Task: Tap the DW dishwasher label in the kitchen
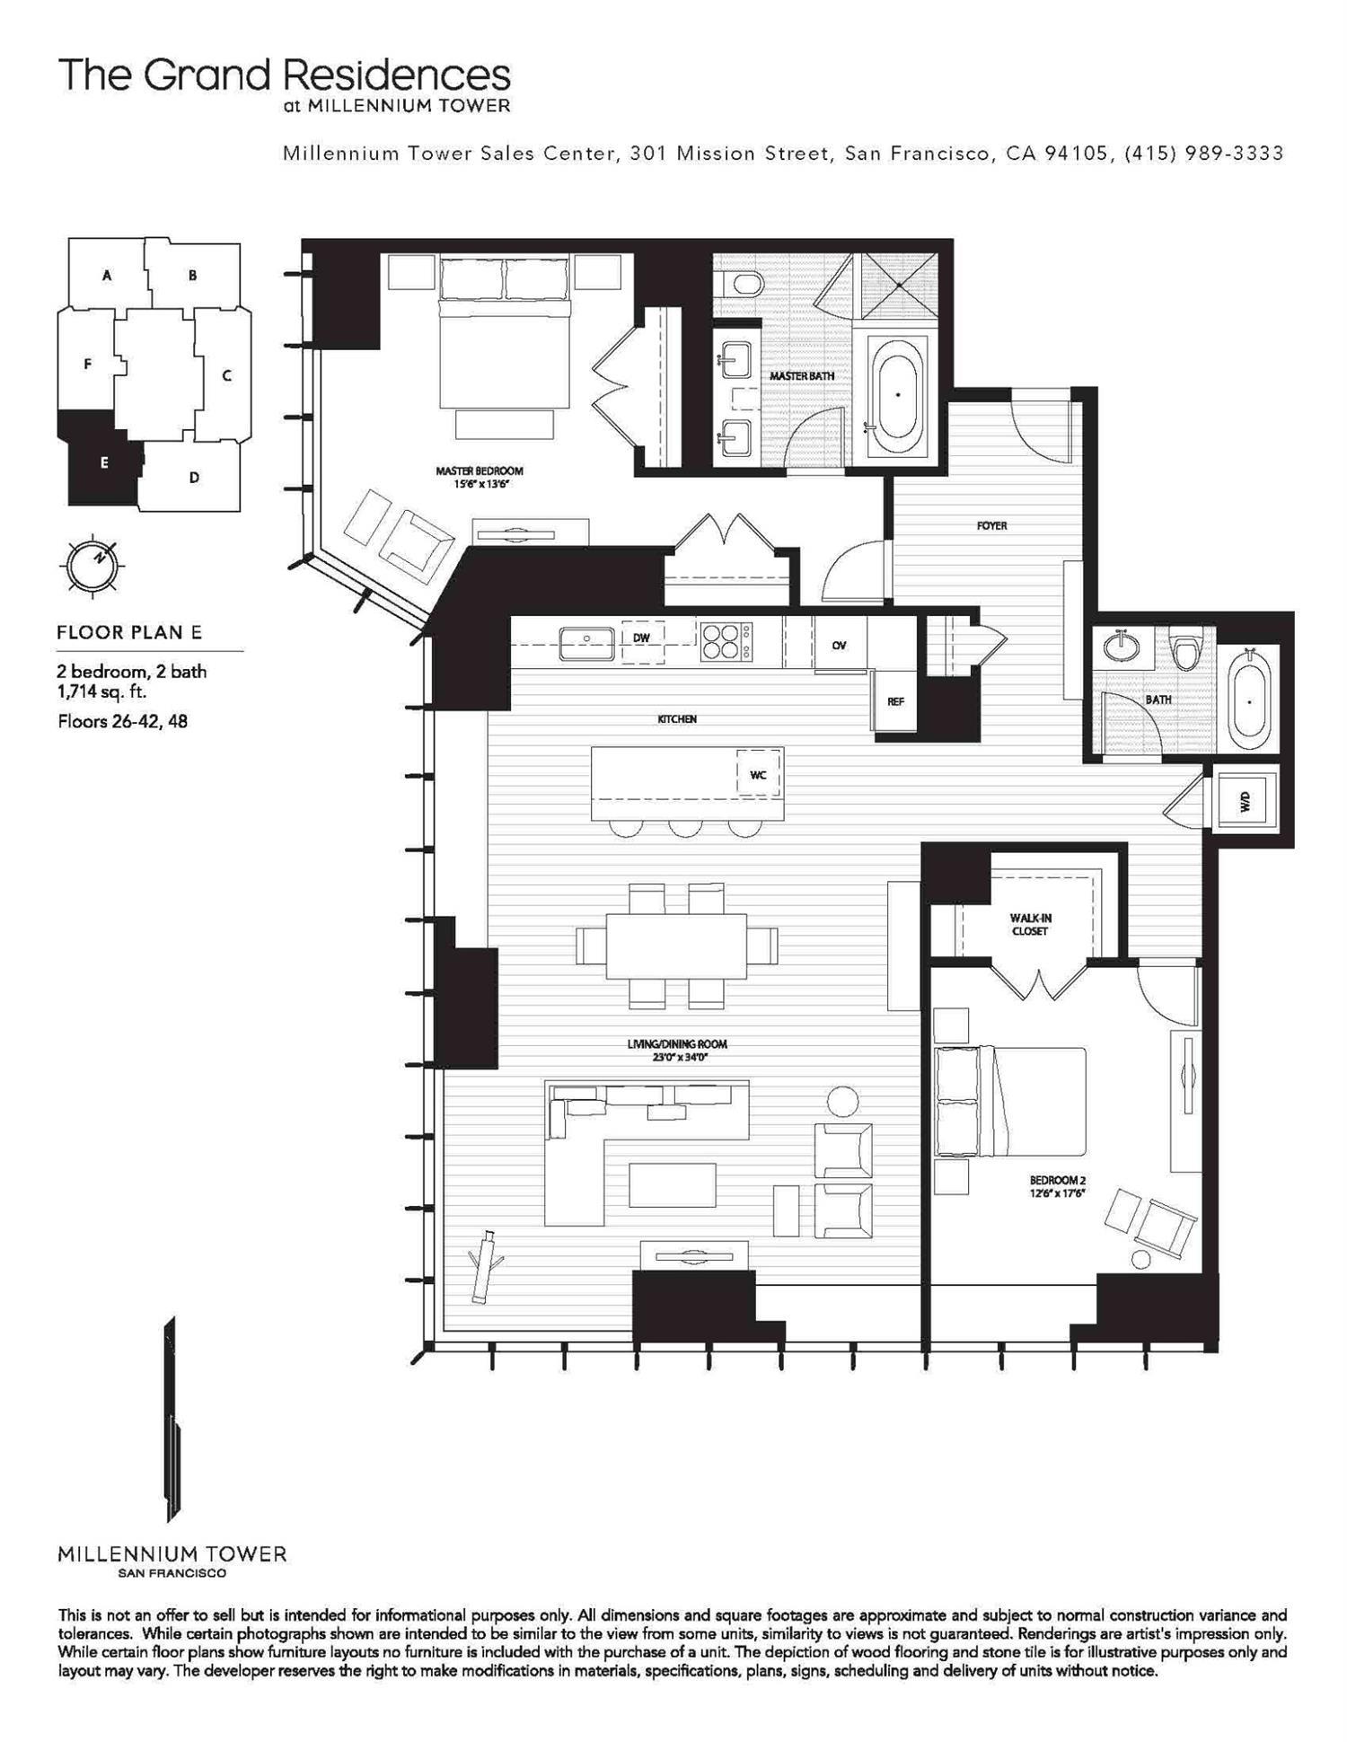[641, 638]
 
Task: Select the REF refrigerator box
[895, 701]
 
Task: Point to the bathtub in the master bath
[896, 394]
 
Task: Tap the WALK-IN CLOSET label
[1029, 924]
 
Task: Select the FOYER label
[991, 525]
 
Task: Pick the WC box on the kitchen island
[757, 774]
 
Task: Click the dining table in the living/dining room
[676, 946]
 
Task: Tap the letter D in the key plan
[194, 478]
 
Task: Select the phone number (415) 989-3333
[1203, 153]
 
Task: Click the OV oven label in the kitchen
[839, 645]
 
